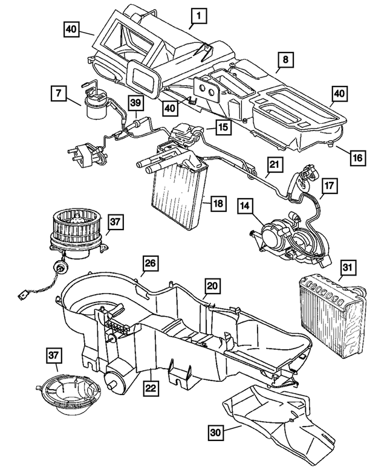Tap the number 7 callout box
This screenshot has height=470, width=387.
pyautogui.click(x=59, y=94)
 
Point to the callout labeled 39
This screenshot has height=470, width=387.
pyautogui.click(x=136, y=103)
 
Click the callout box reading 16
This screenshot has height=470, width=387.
pyautogui.click(x=357, y=156)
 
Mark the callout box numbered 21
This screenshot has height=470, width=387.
pyautogui.click(x=275, y=164)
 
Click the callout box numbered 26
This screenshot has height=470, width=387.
pyautogui.click(x=151, y=263)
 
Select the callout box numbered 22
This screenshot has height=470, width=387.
pyautogui.click(x=149, y=384)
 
